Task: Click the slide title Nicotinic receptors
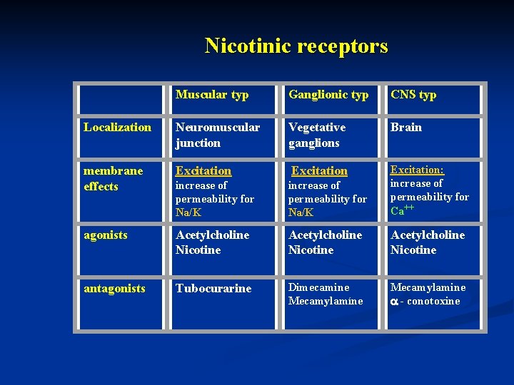pos(296,46)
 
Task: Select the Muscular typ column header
pos(212,95)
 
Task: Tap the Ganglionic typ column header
pos(328,95)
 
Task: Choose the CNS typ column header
pos(413,95)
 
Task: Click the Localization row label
pos(117,128)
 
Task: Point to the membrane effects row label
pos(113,178)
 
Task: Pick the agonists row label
pos(104,235)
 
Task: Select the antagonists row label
pos(114,289)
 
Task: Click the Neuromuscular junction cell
pos(218,135)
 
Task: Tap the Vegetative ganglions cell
pos(317,135)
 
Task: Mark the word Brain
pos(406,128)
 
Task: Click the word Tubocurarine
pos(213,289)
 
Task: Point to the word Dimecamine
pos(318,287)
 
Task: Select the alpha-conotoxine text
pos(425,301)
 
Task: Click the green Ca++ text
pos(402,210)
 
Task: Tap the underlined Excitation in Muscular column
pos(203,171)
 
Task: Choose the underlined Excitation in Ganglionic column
pos(319,171)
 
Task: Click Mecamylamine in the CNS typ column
pos(428,287)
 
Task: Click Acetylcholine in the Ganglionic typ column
pos(325,235)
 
